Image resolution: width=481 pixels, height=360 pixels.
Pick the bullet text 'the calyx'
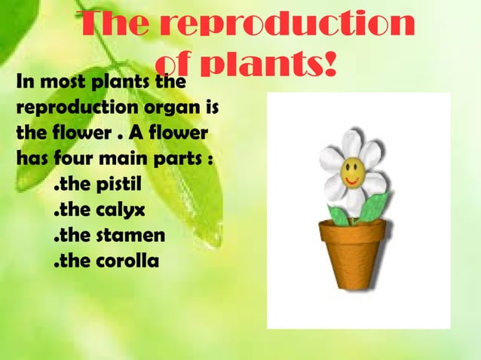point(98,209)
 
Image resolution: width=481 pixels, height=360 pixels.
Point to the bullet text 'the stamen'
point(109,236)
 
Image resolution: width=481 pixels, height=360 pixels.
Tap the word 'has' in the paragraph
point(28,161)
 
